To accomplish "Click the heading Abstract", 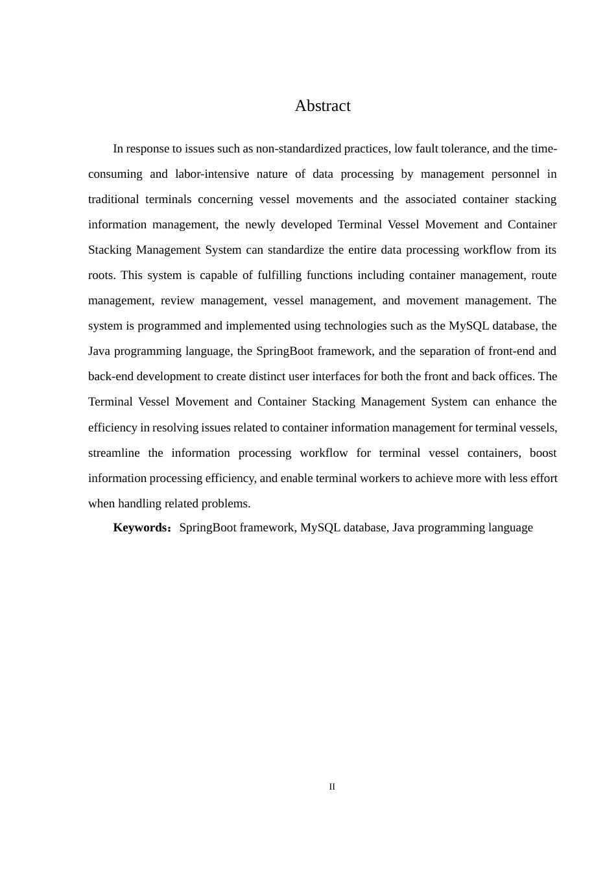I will click(322, 106).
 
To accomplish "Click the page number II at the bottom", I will click(332, 787).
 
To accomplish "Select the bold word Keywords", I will click(141, 527).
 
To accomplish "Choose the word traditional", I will click(113, 199).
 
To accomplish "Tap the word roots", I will click(101, 275).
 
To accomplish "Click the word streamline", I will click(113, 453).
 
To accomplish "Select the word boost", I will click(543, 453).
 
